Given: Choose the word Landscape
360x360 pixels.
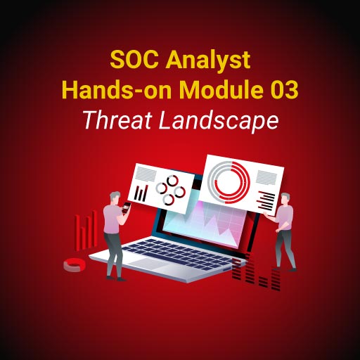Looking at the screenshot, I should pyautogui.click(x=218, y=121).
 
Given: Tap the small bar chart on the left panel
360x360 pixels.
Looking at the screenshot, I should pyautogui.click(x=141, y=190).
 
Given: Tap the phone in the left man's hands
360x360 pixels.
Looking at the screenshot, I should pyautogui.click(x=127, y=207).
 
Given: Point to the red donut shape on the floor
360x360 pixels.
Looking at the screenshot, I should pyautogui.click(x=74, y=265).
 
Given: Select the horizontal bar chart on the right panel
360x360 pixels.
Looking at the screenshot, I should pyautogui.click(x=266, y=198).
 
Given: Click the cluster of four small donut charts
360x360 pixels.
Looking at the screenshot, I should pyautogui.click(x=169, y=189).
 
